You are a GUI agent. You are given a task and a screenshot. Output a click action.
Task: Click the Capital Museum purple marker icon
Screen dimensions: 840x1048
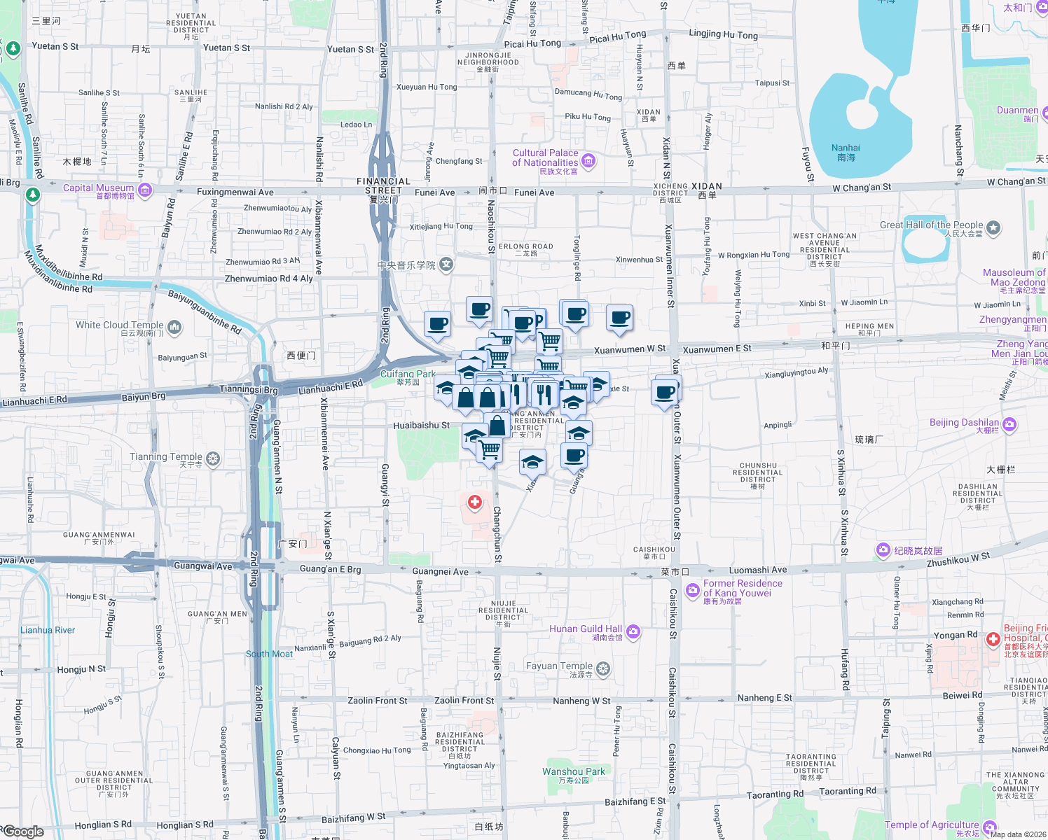pos(145,190)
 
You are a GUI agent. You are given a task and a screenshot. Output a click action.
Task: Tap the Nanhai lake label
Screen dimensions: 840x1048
pos(846,152)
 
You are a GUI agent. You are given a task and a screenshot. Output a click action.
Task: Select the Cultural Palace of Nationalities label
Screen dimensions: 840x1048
pos(545,157)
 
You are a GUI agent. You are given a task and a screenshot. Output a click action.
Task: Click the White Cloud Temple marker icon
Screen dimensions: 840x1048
pos(174,326)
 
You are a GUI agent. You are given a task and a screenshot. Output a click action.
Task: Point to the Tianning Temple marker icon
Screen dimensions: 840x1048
pos(213,458)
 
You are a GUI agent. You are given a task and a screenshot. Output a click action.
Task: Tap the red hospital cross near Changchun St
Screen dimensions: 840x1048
pos(475,502)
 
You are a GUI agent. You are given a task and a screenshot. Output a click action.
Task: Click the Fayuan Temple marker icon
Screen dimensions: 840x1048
pos(603,668)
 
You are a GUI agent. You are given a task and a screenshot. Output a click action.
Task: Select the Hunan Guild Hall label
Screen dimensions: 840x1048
pos(585,629)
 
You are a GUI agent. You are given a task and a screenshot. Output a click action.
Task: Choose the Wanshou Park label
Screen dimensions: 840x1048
pos(573,771)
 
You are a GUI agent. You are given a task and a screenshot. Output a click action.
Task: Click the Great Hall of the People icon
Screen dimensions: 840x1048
pos(993,227)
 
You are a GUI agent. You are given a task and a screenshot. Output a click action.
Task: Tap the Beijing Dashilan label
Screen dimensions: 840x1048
pos(964,423)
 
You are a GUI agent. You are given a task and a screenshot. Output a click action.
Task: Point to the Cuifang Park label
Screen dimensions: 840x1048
pos(408,374)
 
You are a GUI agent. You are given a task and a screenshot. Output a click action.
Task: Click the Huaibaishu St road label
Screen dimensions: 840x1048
pos(421,426)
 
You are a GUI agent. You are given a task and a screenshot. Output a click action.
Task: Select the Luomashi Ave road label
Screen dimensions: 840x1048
pos(758,570)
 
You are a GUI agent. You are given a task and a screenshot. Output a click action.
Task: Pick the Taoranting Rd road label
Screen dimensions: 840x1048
pos(775,794)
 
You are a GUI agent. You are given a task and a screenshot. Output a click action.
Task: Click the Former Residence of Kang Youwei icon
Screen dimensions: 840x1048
pos(693,590)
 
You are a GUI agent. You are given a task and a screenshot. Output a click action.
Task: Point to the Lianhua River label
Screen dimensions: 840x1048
pos(48,630)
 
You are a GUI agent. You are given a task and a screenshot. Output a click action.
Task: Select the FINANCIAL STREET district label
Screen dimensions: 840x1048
pos(383,185)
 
